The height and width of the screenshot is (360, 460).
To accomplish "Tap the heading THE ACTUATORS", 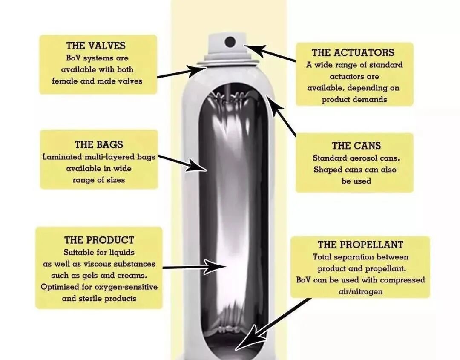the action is tap(353, 53).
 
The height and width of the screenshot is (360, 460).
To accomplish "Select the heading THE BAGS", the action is tap(99, 145).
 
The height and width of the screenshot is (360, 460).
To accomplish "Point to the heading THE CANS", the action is tap(356, 146).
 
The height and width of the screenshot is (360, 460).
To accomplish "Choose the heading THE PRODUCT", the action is tap(99, 240).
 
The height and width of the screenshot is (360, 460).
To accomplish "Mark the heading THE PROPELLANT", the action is tap(360, 245).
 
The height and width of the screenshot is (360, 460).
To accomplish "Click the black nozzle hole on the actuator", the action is tap(230, 42).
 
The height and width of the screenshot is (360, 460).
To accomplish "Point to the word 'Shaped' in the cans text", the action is tap(327, 170).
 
